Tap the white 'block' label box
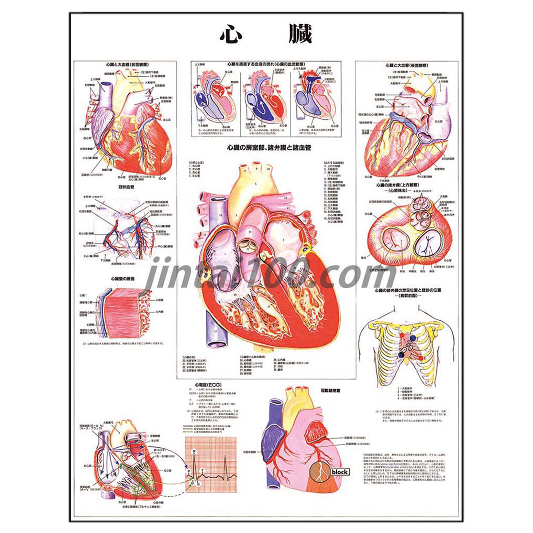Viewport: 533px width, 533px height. (340, 471)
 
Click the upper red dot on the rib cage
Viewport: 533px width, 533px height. (401, 334)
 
